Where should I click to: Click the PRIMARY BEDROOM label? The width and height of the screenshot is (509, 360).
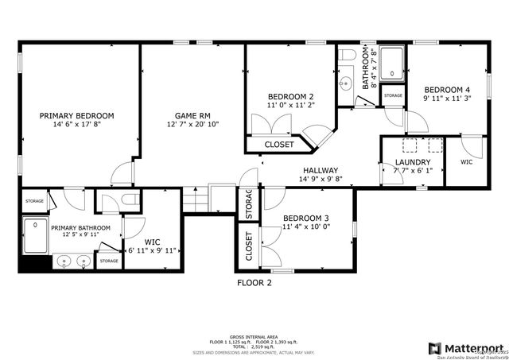pos(77,115)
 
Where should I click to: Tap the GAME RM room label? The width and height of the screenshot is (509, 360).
pos(192,115)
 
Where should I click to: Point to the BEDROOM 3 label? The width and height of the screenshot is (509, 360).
pos(305,218)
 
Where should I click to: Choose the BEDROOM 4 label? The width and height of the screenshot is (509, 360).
pos(446,90)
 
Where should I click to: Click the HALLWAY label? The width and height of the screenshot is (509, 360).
pos(320,170)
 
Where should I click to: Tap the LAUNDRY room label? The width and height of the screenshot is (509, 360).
pos(413,161)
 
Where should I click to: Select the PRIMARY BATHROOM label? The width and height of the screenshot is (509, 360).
pos(81,228)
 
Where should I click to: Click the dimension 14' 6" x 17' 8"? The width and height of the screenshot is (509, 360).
pos(77,125)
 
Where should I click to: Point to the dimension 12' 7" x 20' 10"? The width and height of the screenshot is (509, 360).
pos(192,125)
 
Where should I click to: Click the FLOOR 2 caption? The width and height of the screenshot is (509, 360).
pos(254,282)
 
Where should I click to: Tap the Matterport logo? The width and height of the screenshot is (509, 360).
pos(466,348)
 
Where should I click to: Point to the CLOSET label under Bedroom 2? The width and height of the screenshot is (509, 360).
pos(278,145)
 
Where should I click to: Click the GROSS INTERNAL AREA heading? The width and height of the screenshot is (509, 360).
pos(254,336)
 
